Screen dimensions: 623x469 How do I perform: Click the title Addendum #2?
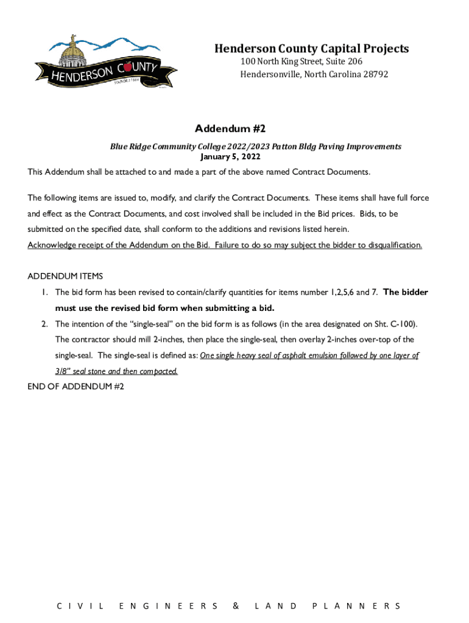230,128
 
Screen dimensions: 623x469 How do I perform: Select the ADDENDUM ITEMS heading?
65,276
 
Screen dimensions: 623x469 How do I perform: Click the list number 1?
44,292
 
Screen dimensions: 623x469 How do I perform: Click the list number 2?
44,324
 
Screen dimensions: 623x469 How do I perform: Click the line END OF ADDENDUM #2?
76,386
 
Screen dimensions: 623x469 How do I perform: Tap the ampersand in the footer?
236,606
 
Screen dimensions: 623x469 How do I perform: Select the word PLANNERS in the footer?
356,606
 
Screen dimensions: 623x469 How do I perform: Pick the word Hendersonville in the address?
269,74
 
